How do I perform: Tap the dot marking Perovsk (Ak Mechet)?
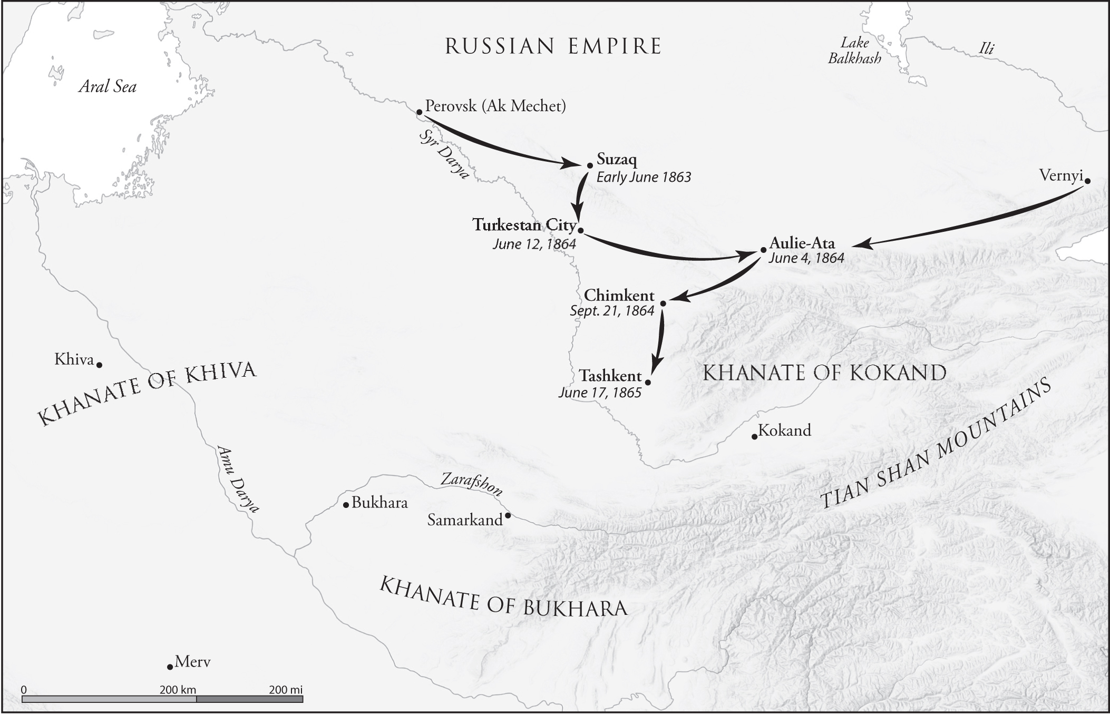coord(419,112)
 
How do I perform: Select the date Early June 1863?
coord(644,177)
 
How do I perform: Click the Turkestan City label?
coord(524,225)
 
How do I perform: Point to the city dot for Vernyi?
coord(1087,180)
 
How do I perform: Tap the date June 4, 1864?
coord(806,258)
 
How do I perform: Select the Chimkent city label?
coord(619,295)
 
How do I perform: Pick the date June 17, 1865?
coord(600,393)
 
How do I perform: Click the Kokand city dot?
coord(754,437)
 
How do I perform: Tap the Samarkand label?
coord(465,521)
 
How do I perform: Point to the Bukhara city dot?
coord(346,505)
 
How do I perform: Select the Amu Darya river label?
coord(238,478)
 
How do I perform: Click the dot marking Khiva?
coord(99,365)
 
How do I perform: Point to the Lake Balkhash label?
coord(854,51)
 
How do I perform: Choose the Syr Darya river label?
coord(444,155)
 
